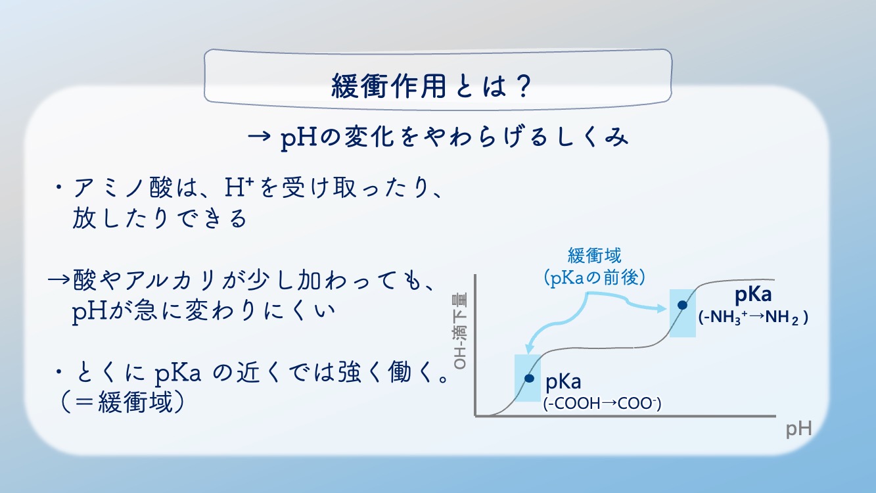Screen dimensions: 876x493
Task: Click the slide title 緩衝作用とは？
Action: [431, 85]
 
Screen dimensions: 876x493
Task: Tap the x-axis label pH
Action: [799, 429]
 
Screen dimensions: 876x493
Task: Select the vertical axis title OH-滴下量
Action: [460, 331]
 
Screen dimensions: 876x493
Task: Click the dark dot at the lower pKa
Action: [529, 379]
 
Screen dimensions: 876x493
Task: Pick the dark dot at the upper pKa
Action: [682, 305]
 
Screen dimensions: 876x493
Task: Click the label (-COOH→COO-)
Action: [602, 404]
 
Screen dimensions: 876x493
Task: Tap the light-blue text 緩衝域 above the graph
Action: [595, 256]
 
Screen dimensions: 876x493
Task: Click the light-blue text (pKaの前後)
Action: [595, 278]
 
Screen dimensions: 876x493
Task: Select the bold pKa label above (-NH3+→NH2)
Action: [753, 294]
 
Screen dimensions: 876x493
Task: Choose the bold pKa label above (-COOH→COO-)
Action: [563, 381]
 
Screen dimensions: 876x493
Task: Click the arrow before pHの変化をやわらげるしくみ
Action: [259, 137]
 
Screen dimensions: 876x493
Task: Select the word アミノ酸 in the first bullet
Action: [123, 187]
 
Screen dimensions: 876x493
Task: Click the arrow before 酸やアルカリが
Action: [58, 280]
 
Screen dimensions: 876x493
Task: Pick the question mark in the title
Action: [522, 85]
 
